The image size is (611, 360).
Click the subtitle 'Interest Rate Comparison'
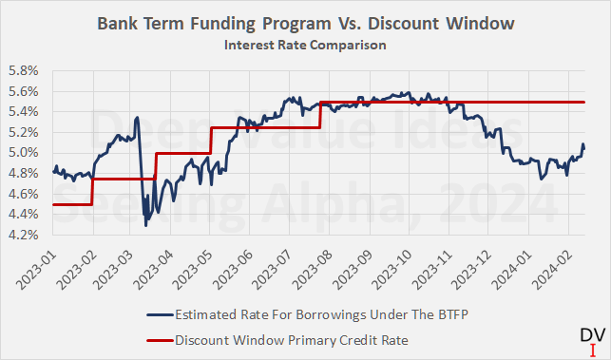(306, 44)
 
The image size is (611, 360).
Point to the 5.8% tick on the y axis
(27, 71)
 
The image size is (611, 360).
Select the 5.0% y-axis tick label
(27, 153)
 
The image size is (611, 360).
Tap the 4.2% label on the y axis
(27, 235)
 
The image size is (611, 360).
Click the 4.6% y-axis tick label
(27, 194)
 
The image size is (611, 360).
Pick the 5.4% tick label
(27, 112)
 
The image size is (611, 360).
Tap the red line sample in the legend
(159, 339)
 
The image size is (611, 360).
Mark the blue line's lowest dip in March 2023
(145, 225)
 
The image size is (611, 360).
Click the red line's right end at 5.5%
(582, 102)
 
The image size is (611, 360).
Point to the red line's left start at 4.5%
(53, 204)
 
